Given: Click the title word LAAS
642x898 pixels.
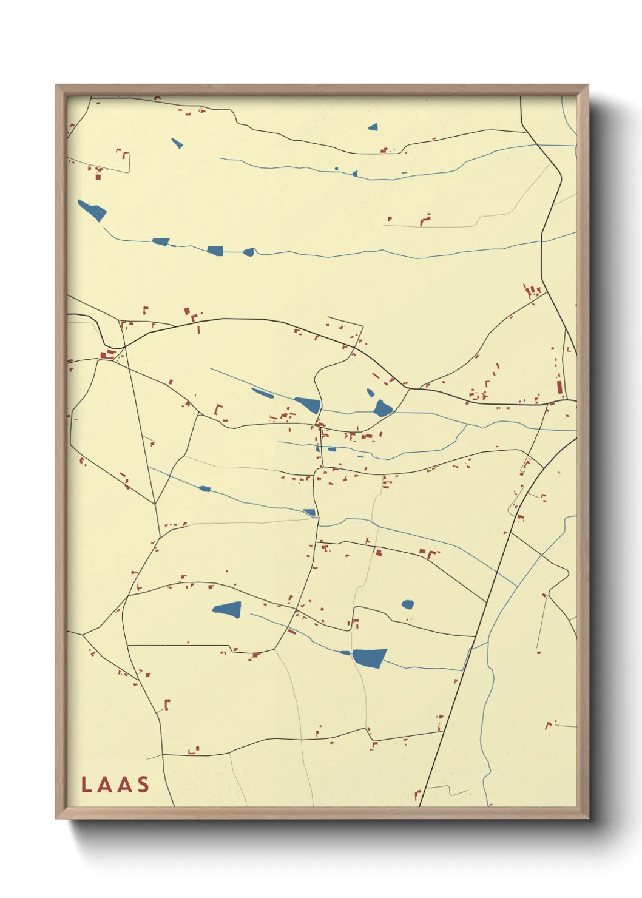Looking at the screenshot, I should [x=115, y=785].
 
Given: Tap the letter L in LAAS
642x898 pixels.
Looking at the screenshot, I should [x=86, y=785].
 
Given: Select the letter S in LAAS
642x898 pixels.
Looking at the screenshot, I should [x=143, y=785].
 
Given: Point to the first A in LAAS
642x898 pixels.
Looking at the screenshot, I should [x=104, y=785].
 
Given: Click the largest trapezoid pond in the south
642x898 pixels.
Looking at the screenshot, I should [x=369, y=657].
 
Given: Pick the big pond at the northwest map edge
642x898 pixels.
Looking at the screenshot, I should [x=92, y=210].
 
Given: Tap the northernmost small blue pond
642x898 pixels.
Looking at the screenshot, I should [x=373, y=127].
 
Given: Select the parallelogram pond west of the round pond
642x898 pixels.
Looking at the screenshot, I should [x=228, y=609].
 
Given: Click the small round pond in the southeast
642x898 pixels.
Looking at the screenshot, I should [x=408, y=604].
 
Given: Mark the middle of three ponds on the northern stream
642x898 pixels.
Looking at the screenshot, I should [x=215, y=250].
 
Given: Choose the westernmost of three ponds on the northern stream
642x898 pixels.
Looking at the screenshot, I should [x=161, y=241].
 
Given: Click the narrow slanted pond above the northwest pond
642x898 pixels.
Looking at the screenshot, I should [x=177, y=143].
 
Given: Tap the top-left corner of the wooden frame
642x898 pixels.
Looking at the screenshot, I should [x=56, y=86].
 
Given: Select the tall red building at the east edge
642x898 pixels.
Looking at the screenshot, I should [x=559, y=385].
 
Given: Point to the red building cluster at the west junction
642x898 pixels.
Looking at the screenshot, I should [x=107, y=354].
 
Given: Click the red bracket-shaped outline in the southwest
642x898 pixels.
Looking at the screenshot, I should [x=167, y=704].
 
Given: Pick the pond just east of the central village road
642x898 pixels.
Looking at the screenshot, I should [x=383, y=408].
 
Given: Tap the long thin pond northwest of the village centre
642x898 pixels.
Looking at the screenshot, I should [x=263, y=393].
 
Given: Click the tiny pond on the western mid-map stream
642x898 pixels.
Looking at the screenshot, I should [x=204, y=488].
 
